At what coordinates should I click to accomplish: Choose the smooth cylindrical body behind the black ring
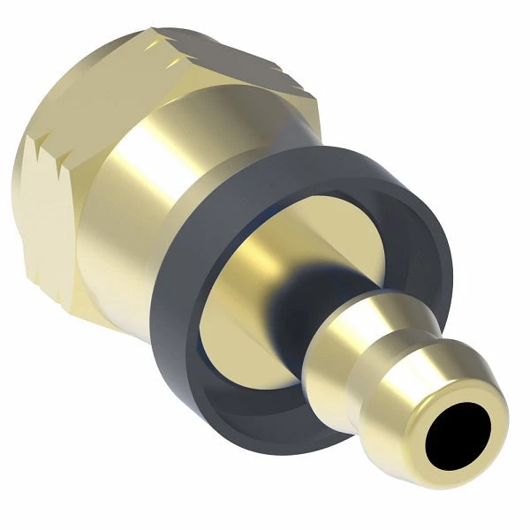pos(150,203)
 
